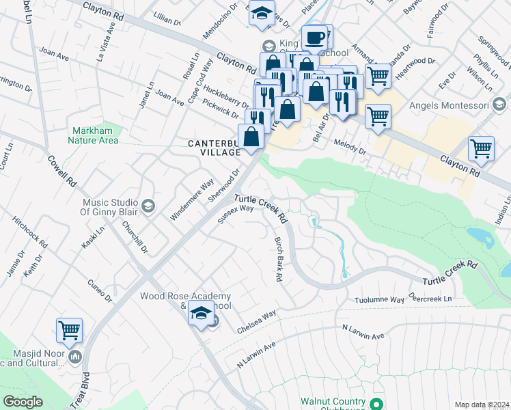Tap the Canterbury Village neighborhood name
tap(214, 148)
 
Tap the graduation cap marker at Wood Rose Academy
tap(201, 314)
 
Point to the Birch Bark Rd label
tap(278, 260)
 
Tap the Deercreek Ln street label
tap(430, 299)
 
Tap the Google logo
tap(23, 402)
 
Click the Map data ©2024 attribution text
tap(482, 405)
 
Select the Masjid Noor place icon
tap(75, 356)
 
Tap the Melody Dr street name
tap(351, 146)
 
